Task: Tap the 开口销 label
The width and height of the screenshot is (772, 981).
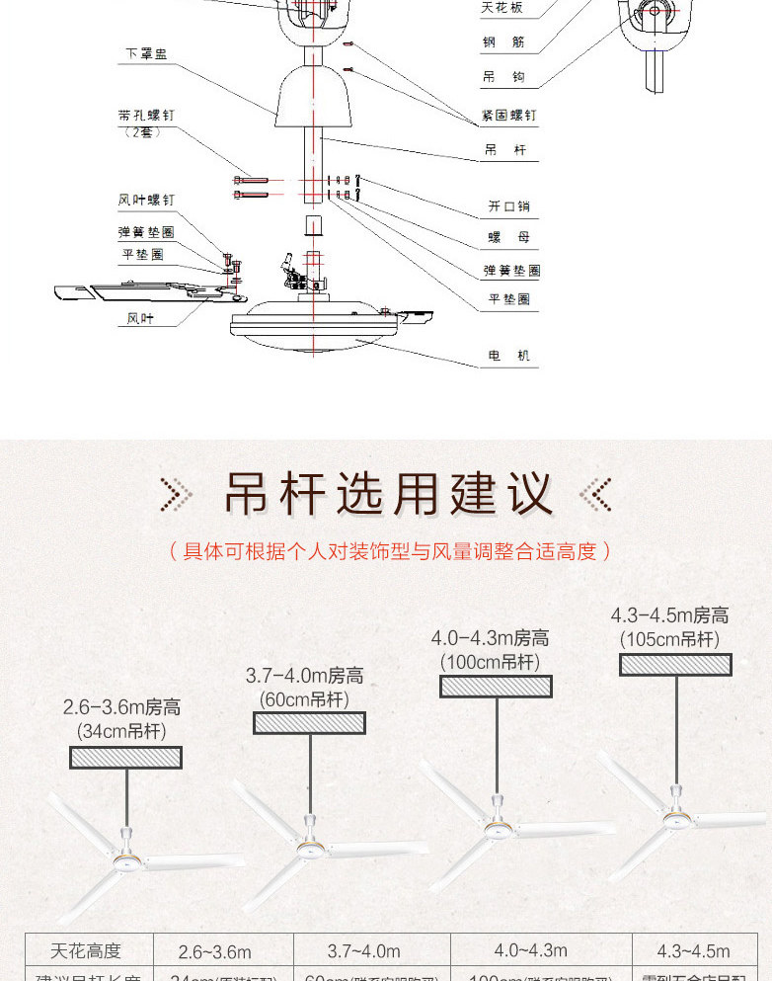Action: point(508,207)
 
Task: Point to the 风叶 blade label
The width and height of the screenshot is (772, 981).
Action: point(140,318)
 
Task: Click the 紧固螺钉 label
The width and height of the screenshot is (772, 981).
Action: point(508,116)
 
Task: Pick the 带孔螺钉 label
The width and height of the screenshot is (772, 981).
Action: point(145,116)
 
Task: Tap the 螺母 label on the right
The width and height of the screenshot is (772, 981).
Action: point(508,238)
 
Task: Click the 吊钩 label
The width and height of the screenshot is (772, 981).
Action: point(503,77)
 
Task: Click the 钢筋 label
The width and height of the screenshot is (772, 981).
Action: point(503,42)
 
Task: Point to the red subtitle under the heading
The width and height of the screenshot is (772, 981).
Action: point(386,551)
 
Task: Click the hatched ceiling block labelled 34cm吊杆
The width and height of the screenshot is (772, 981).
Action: point(125,758)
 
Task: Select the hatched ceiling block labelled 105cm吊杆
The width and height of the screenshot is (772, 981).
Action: point(675,665)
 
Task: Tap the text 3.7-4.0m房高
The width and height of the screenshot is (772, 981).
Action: point(304,676)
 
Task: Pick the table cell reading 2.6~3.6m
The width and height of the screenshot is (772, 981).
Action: point(214,952)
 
